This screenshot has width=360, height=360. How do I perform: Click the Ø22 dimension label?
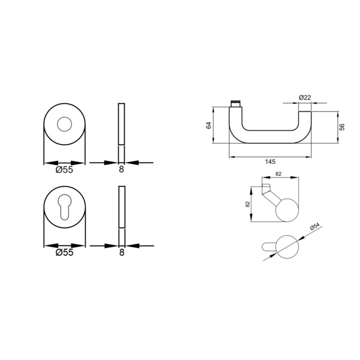[305, 98]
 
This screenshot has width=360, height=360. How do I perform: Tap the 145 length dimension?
[270, 161]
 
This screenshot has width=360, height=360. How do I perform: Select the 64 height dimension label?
[209, 125]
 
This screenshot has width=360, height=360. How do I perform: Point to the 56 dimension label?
[342, 127]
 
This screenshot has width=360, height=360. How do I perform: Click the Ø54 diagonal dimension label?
[315, 226]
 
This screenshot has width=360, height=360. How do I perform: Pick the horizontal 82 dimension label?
[278, 174]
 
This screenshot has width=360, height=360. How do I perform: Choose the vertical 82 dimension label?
[247, 205]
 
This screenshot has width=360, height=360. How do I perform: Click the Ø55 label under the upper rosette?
[64, 170]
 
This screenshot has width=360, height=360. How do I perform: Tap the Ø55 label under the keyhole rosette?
[65, 253]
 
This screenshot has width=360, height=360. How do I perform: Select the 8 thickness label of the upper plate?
[121, 169]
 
